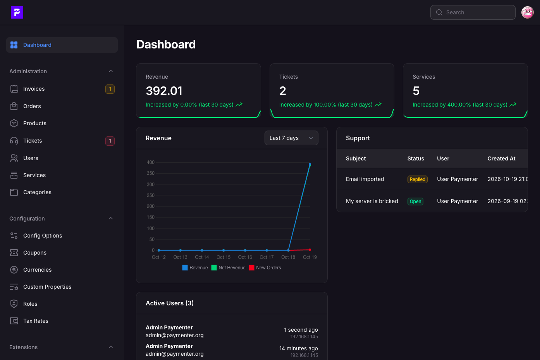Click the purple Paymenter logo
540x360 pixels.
(17, 12)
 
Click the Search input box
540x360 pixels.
(473, 12)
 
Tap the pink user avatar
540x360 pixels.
(528, 12)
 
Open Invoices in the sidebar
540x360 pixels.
(34, 89)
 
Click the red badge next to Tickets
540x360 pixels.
(110, 141)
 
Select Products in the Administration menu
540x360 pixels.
(35, 123)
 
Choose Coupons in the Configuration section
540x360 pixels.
(35, 253)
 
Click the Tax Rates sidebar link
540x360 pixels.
(36, 321)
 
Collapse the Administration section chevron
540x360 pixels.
(111, 71)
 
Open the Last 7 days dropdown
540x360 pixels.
(291, 138)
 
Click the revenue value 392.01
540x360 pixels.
(164, 91)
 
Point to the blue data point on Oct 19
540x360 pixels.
(310, 165)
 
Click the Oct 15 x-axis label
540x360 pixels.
(224, 257)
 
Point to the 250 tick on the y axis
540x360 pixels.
(150, 195)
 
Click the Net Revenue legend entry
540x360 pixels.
(228, 268)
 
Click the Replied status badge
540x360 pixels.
(417, 179)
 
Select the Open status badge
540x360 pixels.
(415, 202)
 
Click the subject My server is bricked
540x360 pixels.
(372, 201)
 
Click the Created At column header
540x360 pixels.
(501, 158)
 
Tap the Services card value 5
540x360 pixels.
(416, 91)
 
